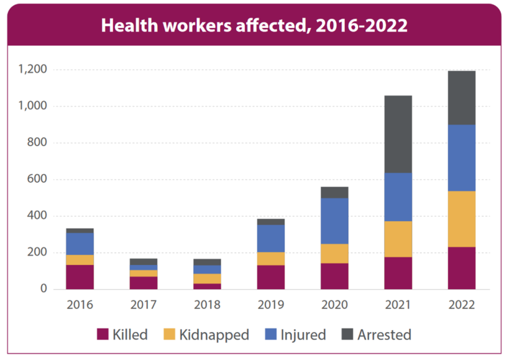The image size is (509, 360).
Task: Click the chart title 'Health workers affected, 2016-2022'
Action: point(254,26)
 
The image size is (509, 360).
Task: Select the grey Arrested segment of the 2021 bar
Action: point(398,134)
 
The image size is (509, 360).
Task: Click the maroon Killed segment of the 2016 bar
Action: point(80,277)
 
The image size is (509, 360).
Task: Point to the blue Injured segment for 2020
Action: point(335,221)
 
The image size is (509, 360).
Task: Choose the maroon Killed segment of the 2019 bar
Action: point(271,277)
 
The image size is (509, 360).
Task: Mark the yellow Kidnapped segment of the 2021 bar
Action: point(398,239)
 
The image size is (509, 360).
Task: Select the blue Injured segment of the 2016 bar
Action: point(80,243)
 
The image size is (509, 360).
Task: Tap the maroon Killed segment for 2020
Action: point(335,276)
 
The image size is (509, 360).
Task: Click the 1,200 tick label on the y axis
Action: point(31,70)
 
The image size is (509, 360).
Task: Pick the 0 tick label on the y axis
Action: point(42,289)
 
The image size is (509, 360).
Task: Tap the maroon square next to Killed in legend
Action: point(103,335)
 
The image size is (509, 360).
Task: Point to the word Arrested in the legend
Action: point(384,335)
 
